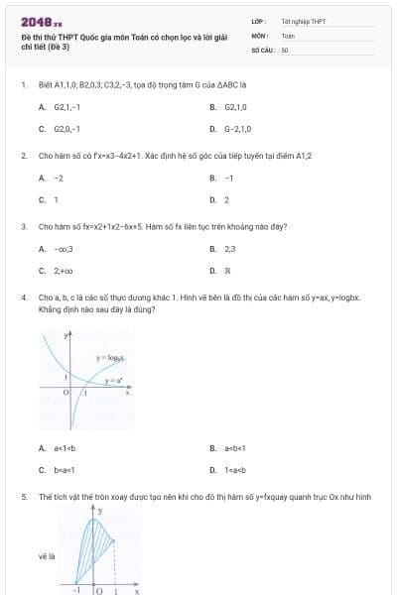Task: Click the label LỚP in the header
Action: pos(259,20)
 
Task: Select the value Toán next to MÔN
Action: pos(288,34)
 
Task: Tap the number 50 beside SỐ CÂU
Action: pos(284,48)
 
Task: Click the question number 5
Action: pos(23,496)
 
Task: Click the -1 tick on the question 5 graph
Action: pos(76,590)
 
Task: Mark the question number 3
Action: pos(23,226)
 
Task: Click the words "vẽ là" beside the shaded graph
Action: pos(46,556)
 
